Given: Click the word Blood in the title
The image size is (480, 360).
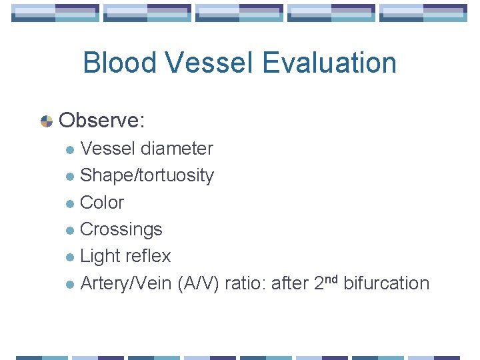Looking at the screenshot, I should [x=119, y=63].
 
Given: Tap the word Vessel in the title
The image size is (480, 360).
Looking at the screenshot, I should [x=209, y=63].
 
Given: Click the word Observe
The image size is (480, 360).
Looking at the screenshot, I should [x=101, y=121].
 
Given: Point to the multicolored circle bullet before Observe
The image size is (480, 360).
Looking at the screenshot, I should [x=47, y=121].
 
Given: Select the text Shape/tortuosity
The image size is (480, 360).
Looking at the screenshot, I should [x=147, y=176].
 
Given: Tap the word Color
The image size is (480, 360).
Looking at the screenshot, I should [x=102, y=203].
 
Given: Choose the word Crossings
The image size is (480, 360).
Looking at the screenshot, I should [x=121, y=229].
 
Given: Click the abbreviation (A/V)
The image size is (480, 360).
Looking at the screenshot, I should [x=198, y=283].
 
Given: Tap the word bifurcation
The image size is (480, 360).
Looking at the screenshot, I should [x=386, y=283].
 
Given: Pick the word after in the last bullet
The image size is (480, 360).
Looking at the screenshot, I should [x=288, y=283].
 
